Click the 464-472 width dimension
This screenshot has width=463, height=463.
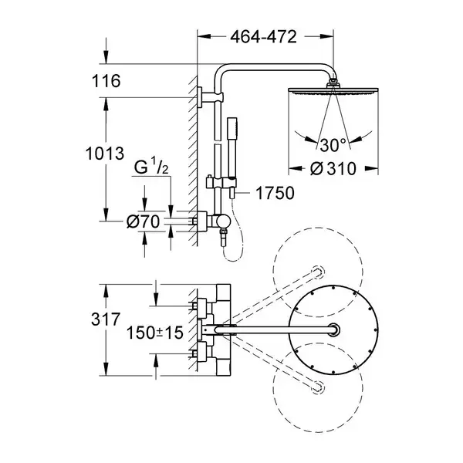(x=263, y=37)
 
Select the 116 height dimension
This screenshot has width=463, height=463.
(x=106, y=80)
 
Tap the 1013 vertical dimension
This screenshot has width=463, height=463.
(x=105, y=154)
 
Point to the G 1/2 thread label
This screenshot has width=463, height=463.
(x=151, y=167)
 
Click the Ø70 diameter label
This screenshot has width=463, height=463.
(x=143, y=221)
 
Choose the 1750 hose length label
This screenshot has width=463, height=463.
(x=275, y=194)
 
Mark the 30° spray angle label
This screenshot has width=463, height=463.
(x=333, y=145)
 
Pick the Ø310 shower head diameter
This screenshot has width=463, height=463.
(x=333, y=169)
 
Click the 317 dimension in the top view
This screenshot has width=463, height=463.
(x=106, y=319)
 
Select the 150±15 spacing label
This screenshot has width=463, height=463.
(x=155, y=333)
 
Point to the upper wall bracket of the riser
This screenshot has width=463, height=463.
(x=210, y=97)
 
